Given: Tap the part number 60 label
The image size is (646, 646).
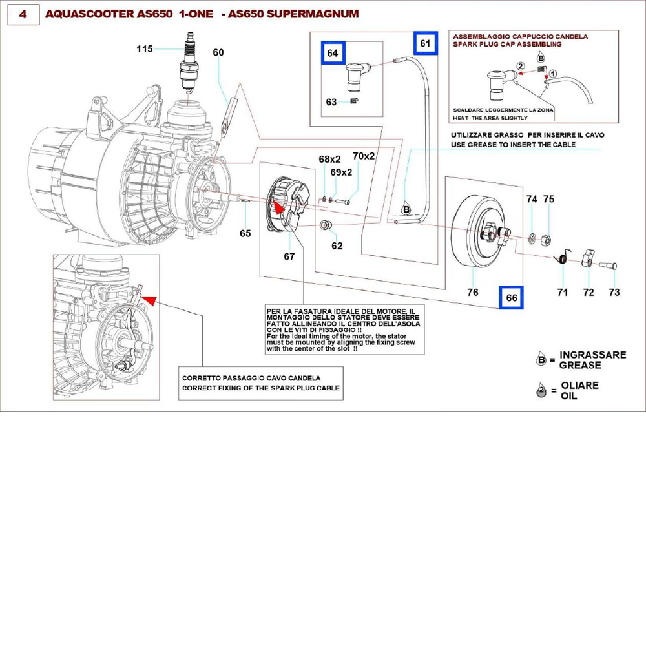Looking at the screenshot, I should point(218,52).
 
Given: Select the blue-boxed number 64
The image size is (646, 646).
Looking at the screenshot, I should point(333,54).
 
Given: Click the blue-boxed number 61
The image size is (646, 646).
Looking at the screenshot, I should point(424,43).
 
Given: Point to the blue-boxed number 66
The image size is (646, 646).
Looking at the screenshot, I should point(512,298).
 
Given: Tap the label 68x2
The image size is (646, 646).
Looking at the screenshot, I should point(329,159).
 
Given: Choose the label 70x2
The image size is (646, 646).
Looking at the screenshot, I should point(363,156).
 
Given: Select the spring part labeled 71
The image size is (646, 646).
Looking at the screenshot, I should point(562,258).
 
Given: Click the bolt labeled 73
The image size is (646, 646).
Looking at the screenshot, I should point(609,265).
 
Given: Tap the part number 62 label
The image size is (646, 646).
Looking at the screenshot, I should point(337,246).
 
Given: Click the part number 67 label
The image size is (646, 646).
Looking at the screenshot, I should point(289,256).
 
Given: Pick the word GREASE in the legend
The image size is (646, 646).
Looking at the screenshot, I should point(580,365).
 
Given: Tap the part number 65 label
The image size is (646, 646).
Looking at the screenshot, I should point(245,233).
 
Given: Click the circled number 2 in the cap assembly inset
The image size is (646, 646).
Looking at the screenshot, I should point(519,66).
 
